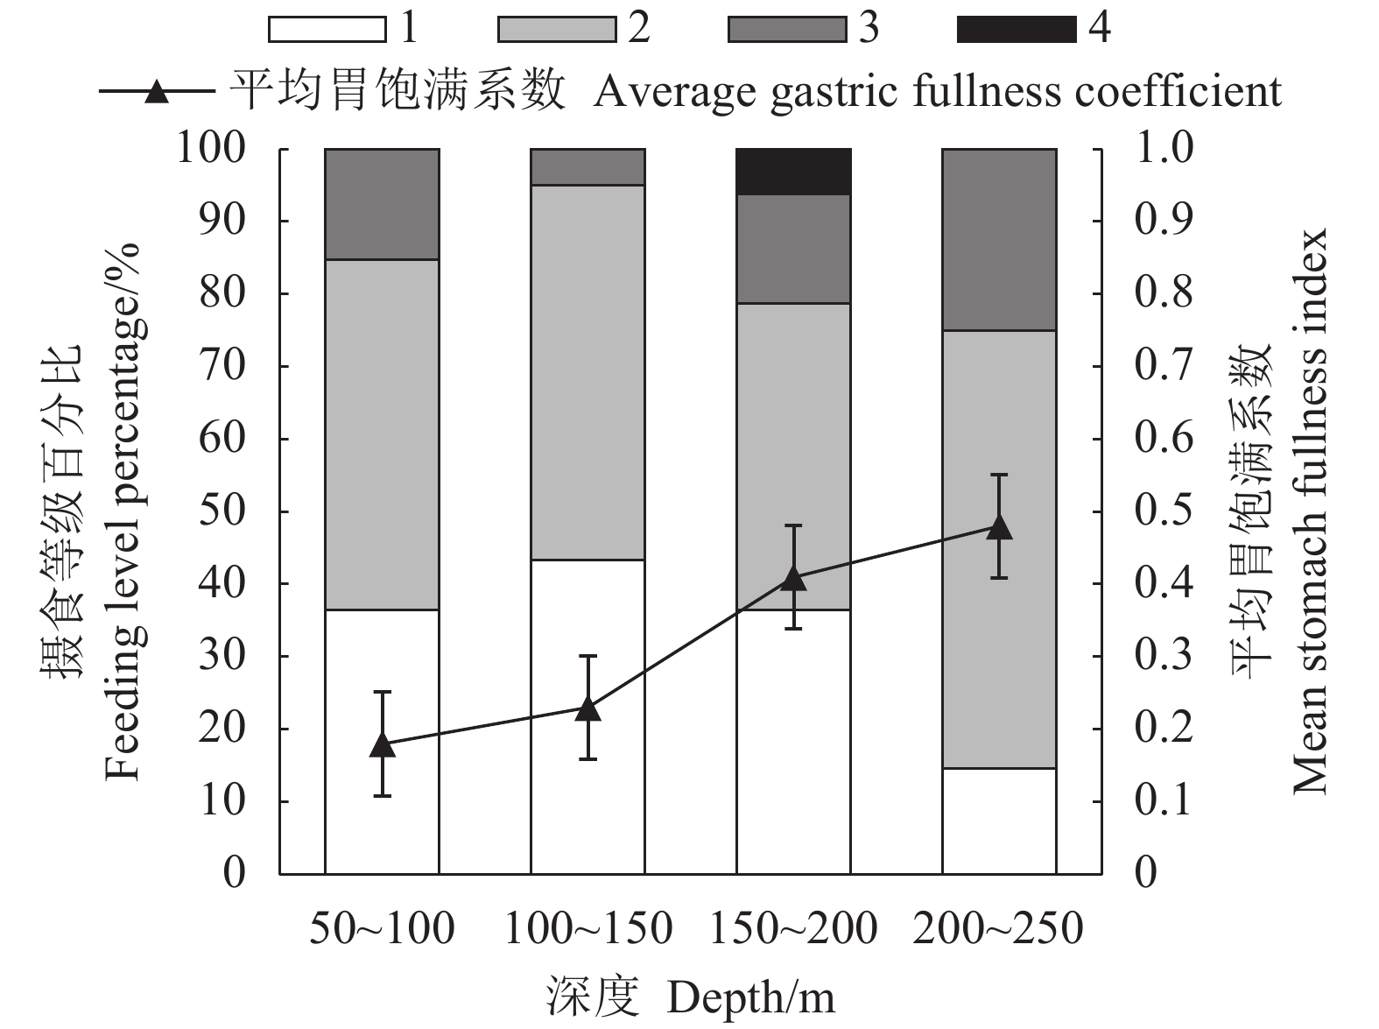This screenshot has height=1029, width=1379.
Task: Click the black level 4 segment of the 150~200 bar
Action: [793, 172]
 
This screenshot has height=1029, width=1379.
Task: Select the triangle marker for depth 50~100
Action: [382, 744]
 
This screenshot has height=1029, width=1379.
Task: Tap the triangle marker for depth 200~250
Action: [999, 527]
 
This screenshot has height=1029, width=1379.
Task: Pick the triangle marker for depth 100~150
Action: [587, 708]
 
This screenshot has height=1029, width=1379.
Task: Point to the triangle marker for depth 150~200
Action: [793, 578]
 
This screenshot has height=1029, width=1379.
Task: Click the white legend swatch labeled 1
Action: [327, 29]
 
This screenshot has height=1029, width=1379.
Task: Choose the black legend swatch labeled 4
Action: [1016, 29]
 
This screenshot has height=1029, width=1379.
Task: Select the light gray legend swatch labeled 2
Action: [557, 29]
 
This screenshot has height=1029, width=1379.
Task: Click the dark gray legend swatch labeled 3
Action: [786, 29]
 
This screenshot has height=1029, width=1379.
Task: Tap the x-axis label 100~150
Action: [587, 929]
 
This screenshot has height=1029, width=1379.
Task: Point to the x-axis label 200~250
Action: [998, 929]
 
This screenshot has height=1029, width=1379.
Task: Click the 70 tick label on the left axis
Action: [222, 366]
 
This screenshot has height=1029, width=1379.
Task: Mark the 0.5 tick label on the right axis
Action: [1164, 511]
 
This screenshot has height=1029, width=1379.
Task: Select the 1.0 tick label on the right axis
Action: [1164, 148]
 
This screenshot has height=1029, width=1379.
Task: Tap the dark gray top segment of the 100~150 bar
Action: [587, 166]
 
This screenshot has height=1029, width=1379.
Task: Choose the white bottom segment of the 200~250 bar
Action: [999, 821]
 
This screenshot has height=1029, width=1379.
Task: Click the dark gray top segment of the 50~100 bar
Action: [382, 204]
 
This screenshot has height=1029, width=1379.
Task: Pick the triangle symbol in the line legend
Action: [156, 91]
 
